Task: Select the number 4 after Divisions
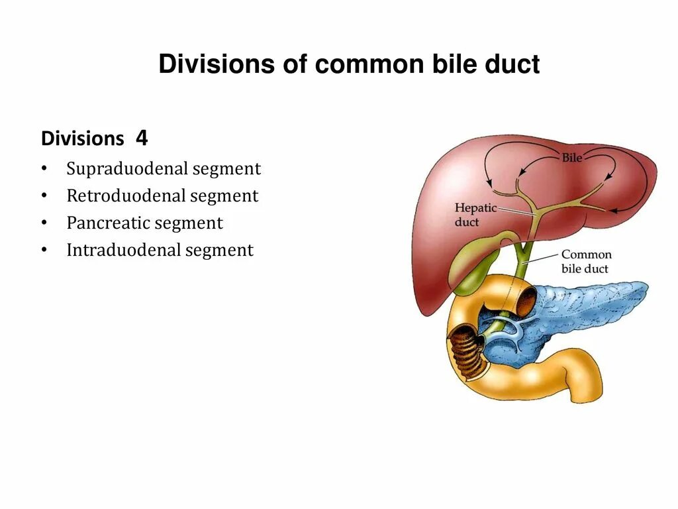[142, 138]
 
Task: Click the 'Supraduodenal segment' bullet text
[164, 169]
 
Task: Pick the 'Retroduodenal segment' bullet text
[162, 196]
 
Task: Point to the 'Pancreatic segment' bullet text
[144, 223]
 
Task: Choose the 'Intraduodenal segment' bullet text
[160, 251]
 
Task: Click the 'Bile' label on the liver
[571, 159]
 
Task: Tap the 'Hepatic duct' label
[475, 215]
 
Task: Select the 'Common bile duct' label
[586, 261]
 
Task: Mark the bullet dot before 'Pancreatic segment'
[44, 223]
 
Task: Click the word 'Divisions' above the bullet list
[82, 139]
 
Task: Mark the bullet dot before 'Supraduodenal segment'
[44, 169]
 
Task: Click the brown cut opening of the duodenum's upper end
[526, 302]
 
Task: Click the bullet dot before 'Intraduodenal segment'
[44, 251]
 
